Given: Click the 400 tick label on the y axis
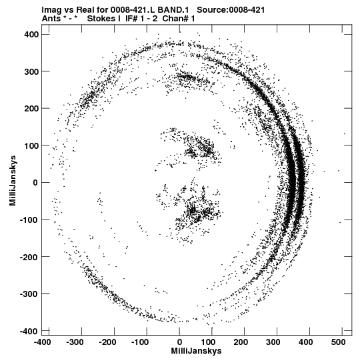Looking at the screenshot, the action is (31, 34).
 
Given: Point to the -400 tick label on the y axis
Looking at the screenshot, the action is (29, 331).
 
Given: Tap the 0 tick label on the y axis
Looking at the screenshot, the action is (35, 183).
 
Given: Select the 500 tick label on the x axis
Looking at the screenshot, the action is (338, 342).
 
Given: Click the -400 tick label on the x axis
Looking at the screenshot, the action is (42, 342).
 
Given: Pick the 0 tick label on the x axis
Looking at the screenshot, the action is (179, 342).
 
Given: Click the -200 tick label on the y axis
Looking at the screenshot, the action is (29, 257).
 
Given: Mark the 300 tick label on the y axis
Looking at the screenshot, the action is (31, 71).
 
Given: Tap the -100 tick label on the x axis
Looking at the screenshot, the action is (140, 342).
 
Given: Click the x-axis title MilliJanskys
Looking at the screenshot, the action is (196, 351).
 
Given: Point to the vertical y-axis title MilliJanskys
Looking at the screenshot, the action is (13, 180).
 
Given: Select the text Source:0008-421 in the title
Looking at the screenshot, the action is (231, 10).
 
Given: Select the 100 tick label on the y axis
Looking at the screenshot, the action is (31, 145).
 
